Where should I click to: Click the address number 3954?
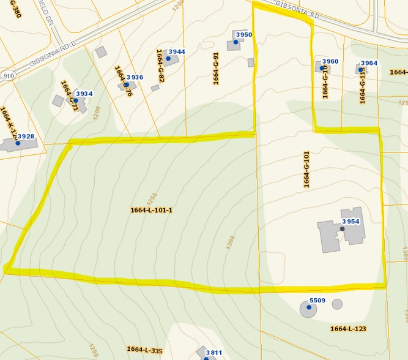pos(351,221)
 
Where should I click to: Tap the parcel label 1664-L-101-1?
pos(152,211)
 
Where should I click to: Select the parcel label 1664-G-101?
pos(305,169)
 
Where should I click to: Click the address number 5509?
pos(317,301)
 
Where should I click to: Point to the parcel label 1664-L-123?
pos(348,329)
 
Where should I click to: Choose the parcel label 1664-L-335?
pos(145,350)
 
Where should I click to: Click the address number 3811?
pos(213,353)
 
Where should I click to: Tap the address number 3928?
pos(26,136)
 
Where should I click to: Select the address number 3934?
pos(84,94)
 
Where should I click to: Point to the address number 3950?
pos(243,35)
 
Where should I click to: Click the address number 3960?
pos(330,61)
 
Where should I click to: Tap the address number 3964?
pos(369,63)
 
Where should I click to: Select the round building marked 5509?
pos(308,309)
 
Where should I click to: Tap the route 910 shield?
pos(8,75)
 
